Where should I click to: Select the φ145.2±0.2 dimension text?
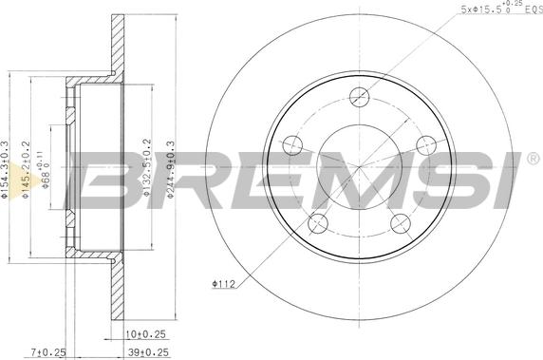pyautogui.click(x=27, y=171)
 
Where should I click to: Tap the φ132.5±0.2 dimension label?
pyautogui.click(x=147, y=168)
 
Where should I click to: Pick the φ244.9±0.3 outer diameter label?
pyautogui.click(x=171, y=168)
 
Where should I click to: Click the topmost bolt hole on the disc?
pyautogui.click(x=358, y=95)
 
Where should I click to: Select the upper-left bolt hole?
pyautogui.click(x=293, y=145)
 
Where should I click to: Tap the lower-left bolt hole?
pyautogui.click(x=319, y=221)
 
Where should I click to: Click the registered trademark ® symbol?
pyautogui.click(x=533, y=160)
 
